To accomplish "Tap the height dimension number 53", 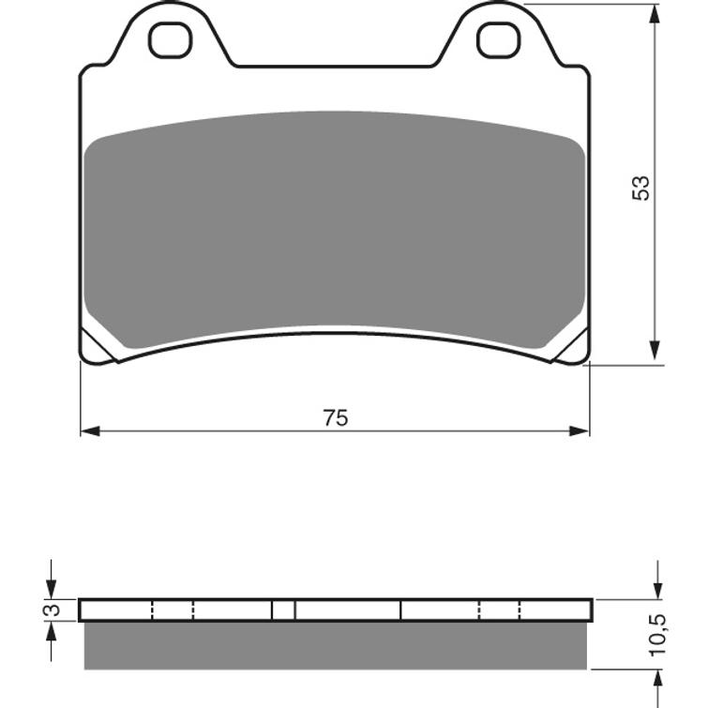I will pos(641,187).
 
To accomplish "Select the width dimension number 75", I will pos(335,418).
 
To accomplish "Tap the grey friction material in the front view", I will pos(335,225).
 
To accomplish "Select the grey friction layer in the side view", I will pos(335,645).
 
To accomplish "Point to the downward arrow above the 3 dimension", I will pos(52,587).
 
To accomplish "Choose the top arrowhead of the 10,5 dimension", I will pos(657,588).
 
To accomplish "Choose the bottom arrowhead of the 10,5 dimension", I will pos(657,680).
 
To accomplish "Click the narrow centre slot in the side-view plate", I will pos(283,610).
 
